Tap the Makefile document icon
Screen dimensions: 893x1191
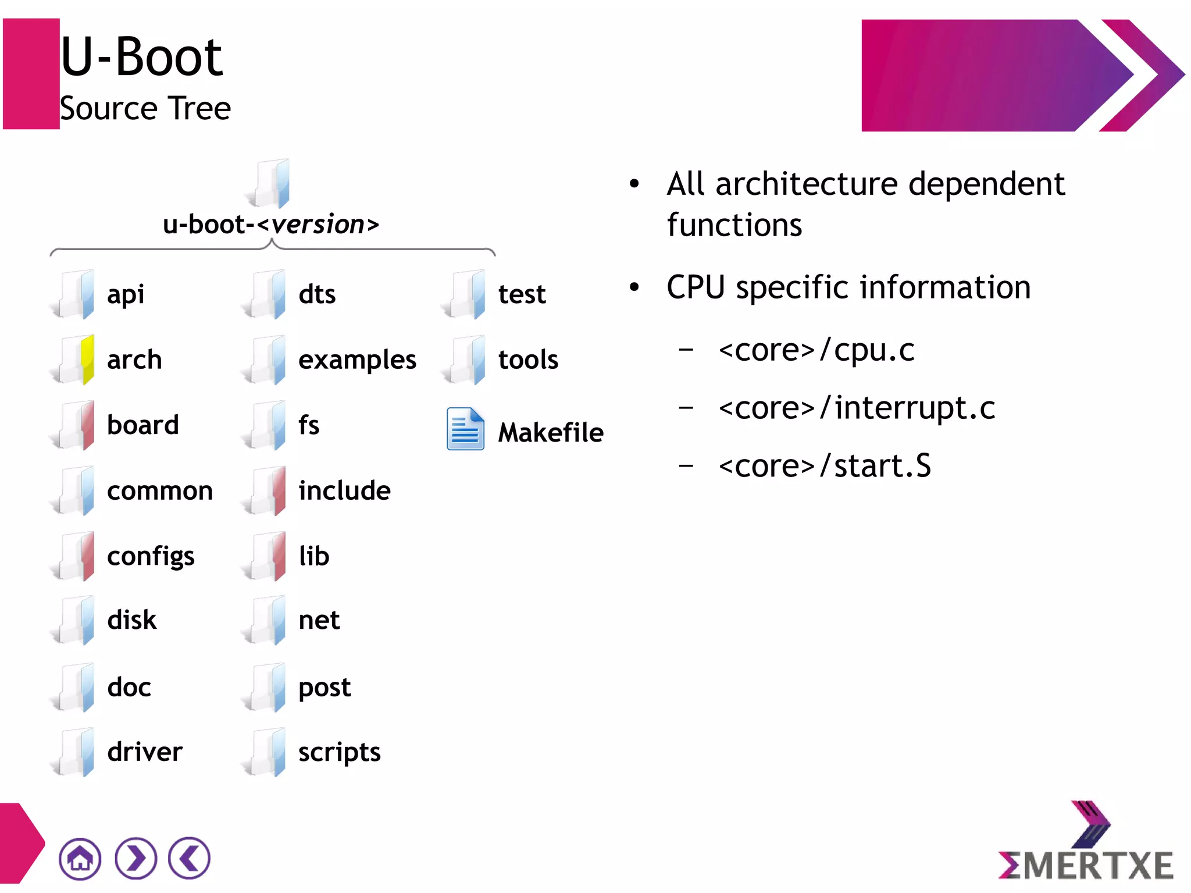pos(465,429)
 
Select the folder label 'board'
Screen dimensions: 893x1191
pos(142,425)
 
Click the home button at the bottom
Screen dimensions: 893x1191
pos(80,859)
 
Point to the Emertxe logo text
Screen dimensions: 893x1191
pos(1085,866)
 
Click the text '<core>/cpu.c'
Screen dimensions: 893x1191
pos(816,350)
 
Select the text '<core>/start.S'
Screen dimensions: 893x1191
pos(824,466)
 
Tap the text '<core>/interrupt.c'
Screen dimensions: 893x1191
pos(856,408)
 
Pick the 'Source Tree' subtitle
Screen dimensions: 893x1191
pos(145,109)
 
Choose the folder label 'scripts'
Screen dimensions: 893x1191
pos(339,752)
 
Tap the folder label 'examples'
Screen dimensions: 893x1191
pos(357,360)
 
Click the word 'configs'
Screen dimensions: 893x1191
pos(151,556)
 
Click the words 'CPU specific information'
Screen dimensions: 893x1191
pos(848,287)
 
